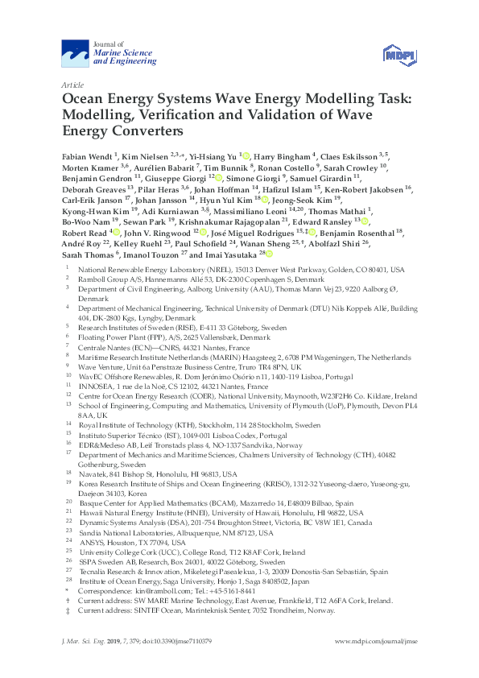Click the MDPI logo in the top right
pos(398,55)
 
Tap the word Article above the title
pos(72,84)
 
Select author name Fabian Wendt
pos(87,155)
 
